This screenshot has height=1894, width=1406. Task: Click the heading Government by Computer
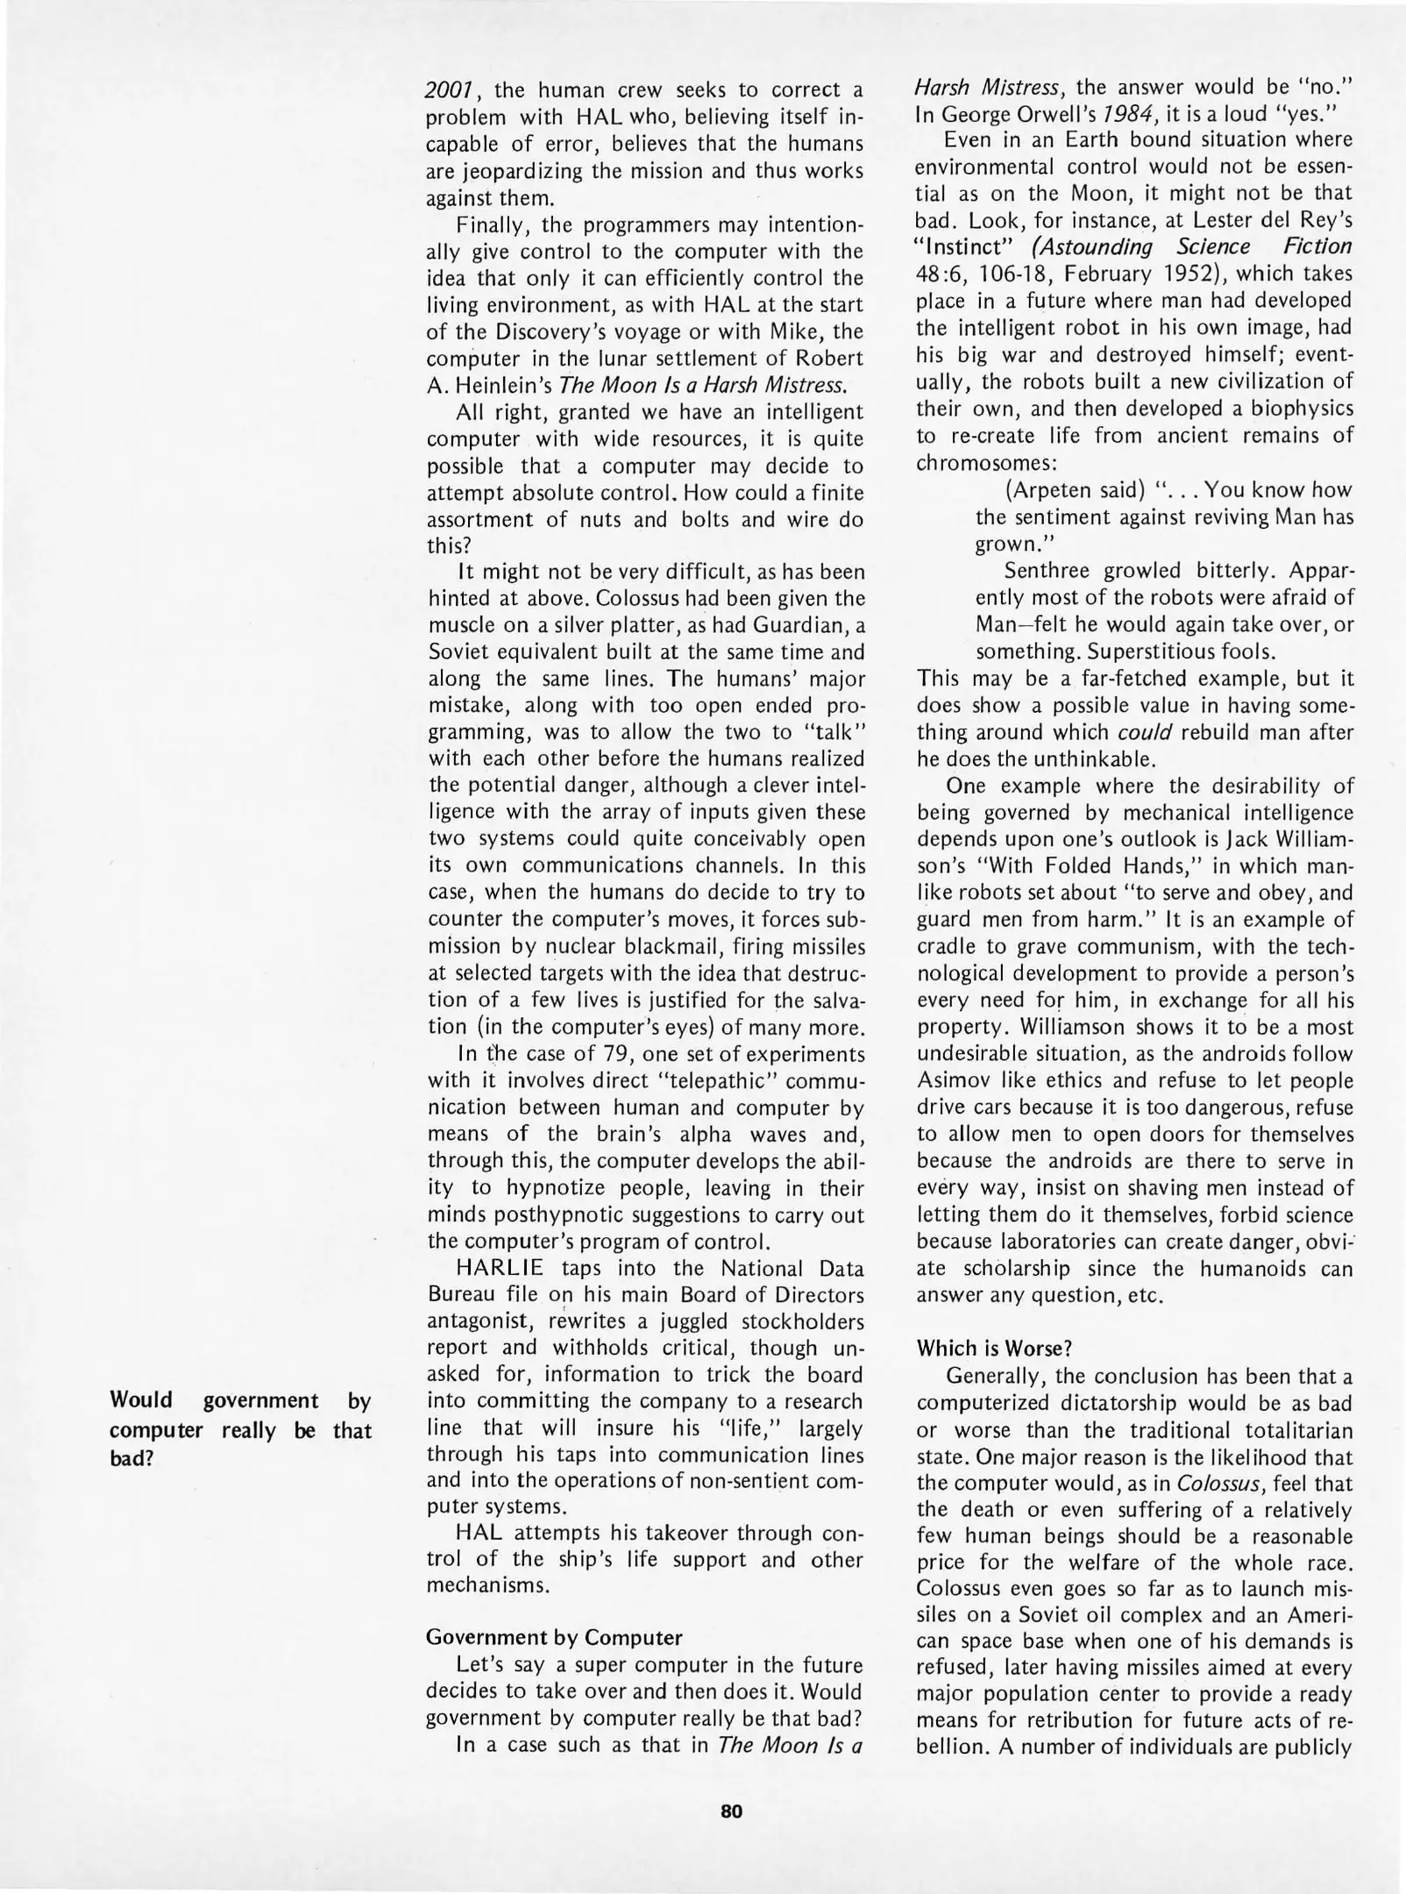point(553,1637)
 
